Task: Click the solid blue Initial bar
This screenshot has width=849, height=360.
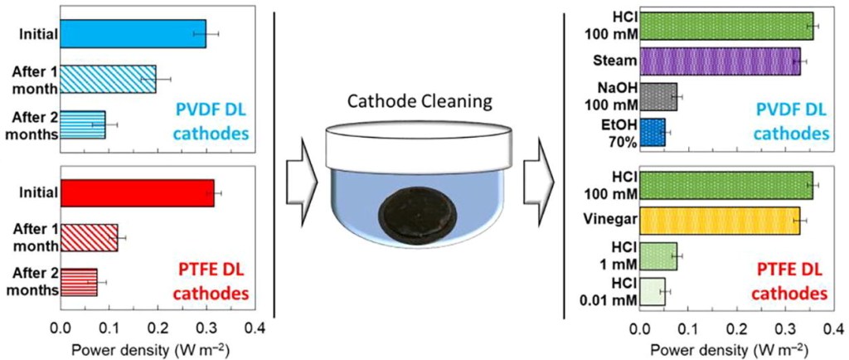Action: click(133, 33)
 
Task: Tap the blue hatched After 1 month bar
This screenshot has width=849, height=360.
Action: click(108, 80)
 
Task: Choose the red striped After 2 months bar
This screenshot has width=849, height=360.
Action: click(79, 281)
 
